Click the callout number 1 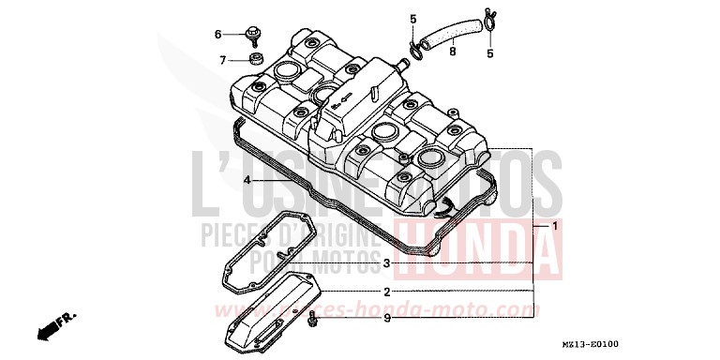[x=554, y=226]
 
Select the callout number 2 [x=385, y=292]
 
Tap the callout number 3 [x=385, y=262]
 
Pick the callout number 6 [x=217, y=35]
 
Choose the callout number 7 [x=223, y=60]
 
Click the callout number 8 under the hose [x=451, y=52]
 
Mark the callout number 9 [x=385, y=319]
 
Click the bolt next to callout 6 [x=253, y=36]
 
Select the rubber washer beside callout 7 [x=253, y=60]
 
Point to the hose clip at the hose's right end [x=487, y=18]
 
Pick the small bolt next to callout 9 [x=313, y=321]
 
